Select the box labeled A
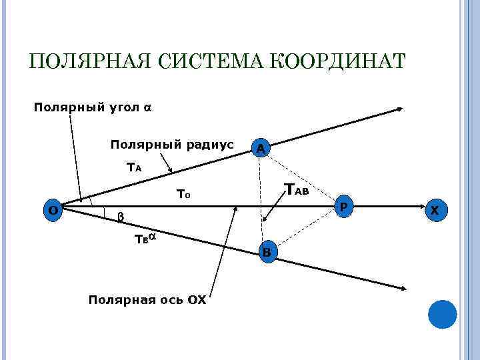click(x=261, y=149)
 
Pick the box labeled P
click(x=343, y=207)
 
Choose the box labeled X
click(x=435, y=210)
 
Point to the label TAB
click(x=296, y=190)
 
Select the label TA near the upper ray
click(x=134, y=168)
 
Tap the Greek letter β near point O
click(x=120, y=216)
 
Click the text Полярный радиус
click(x=171, y=145)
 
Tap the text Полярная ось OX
click(x=147, y=300)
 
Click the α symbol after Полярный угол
click(x=148, y=107)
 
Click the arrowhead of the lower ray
click(x=403, y=289)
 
